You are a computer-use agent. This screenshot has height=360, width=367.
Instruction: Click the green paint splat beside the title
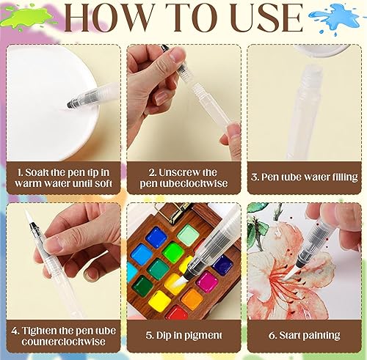27,18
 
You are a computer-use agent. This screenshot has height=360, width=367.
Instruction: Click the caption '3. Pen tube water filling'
304,177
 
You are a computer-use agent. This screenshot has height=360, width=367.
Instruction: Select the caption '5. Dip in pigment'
183,335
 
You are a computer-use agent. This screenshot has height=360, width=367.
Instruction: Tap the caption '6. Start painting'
304,335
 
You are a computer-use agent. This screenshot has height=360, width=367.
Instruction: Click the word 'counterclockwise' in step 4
63,342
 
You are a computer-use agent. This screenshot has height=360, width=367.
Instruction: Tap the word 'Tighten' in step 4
40,331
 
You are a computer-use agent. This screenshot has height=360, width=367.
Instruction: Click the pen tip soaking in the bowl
71,103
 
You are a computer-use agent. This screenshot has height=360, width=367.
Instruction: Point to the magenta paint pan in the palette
207,282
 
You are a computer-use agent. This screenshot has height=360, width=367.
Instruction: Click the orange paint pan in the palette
192,299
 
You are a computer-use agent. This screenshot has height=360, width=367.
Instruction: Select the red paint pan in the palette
176,313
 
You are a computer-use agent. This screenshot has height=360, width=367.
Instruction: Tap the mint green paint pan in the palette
188,235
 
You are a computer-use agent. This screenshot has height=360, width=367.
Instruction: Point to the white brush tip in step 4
26,215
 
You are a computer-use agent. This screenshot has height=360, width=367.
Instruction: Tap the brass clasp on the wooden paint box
170,213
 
